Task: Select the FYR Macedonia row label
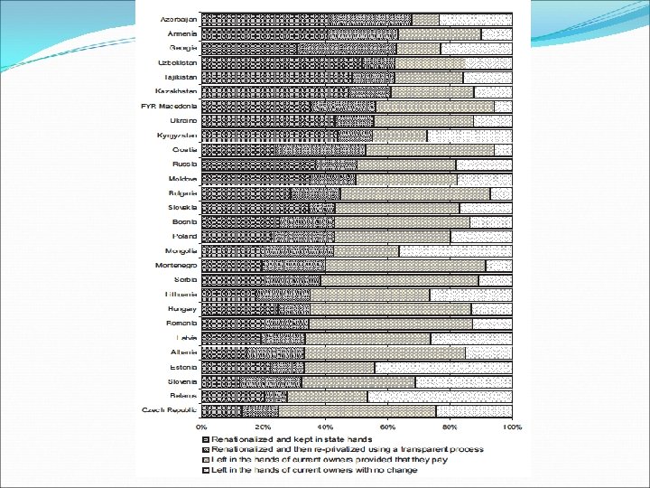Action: [x=169, y=106]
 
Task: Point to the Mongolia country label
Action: [x=181, y=250]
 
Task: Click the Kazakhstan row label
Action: [x=176, y=91]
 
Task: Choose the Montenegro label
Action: [x=174, y=265]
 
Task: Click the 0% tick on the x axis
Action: [x=201, y=426]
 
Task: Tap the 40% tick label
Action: [x=326, y=426]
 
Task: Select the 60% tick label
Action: [x=387, y=426]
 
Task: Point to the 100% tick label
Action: [x=512, y=426]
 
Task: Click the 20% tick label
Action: [x=264, y=426]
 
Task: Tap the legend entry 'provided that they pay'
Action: [x=334, y=460]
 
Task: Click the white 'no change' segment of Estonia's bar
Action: [x=442, y=367]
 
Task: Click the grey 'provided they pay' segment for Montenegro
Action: [x=405, y=265]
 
